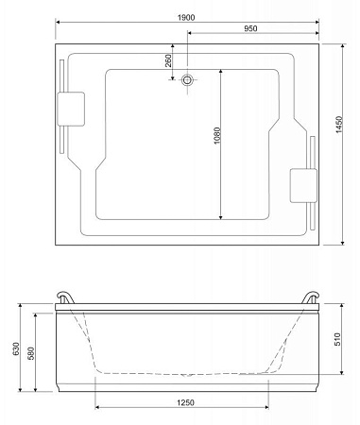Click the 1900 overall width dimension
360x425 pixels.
tap(186, 18)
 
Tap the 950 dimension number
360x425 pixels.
tap(250, 28)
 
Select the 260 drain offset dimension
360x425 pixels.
tap(168, 60)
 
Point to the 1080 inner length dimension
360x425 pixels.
tap(217, 136)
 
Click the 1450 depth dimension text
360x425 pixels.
tap(339, 125)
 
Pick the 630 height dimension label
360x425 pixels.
tap(16, 348)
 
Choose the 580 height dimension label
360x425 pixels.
tap(31, 353)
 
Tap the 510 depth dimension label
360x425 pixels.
tap(337, 339)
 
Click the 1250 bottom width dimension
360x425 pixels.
tap(185, 402)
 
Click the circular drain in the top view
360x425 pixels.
tap(187, 79)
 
